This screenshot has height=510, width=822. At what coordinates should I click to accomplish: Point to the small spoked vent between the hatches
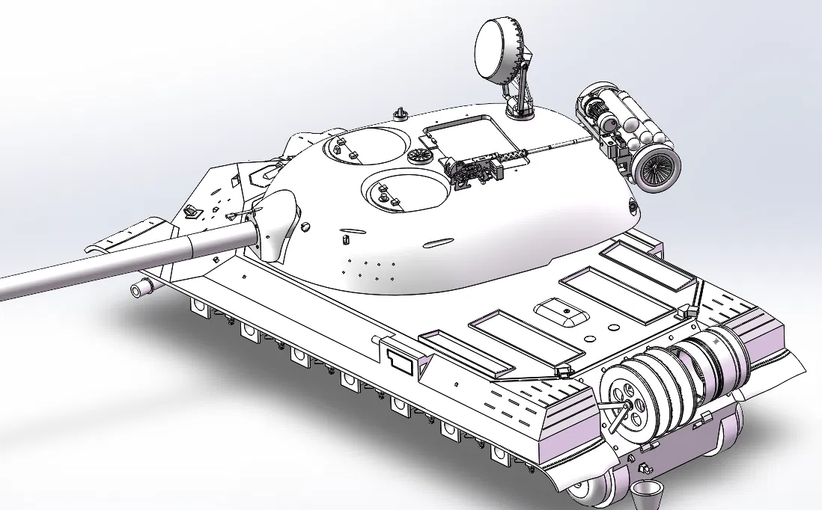coord(420,156)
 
